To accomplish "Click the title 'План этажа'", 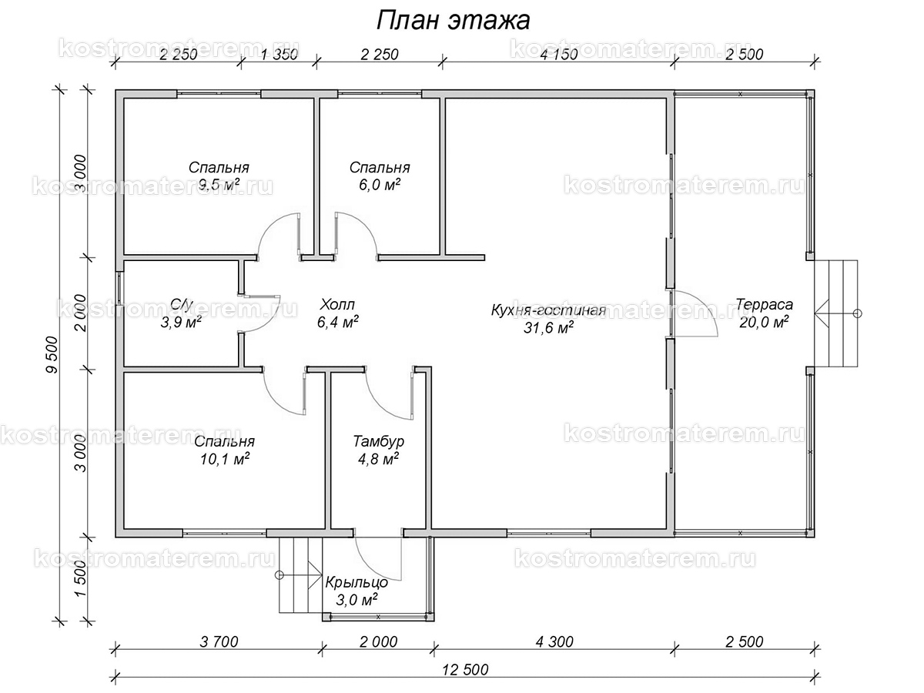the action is (453, 20).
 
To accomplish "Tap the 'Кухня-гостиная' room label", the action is (548, 310).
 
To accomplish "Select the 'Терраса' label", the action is (764, 304).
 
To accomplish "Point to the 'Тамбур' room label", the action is (378, 441).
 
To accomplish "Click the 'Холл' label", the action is (337, 304).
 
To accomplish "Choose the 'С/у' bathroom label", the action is (181, 304).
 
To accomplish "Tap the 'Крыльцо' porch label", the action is (357, 582).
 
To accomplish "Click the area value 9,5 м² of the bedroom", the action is (219, 185).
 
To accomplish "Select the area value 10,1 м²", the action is (224, 459).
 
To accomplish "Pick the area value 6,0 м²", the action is (380, 185).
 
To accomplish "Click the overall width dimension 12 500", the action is (465, 669).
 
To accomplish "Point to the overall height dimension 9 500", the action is (52, 355).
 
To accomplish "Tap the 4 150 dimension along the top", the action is (559, 55).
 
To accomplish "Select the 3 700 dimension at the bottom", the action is (219, 641).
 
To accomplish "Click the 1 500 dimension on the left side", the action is (80, 578).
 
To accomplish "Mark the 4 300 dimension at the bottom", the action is (554, 641).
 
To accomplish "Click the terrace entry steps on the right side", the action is (835, 314).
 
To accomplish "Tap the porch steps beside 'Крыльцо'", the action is (300, 575).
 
